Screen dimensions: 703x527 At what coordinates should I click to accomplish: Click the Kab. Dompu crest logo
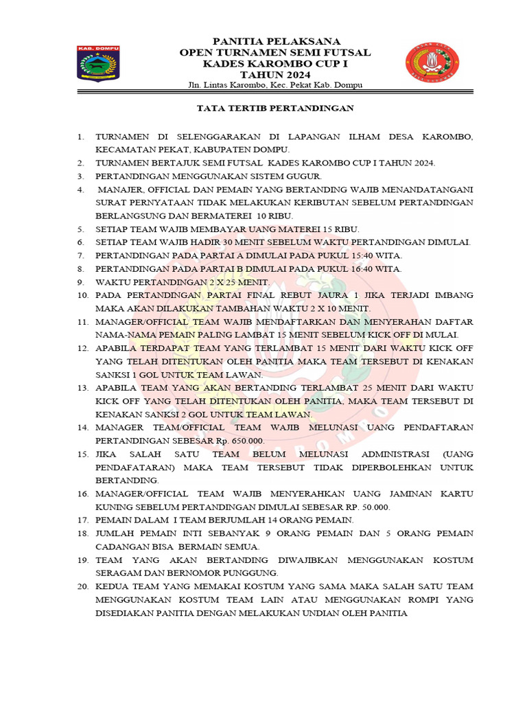[97, 67]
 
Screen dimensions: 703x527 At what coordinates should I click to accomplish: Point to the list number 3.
[81, 176]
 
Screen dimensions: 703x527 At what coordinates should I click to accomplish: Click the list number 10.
[83, 295]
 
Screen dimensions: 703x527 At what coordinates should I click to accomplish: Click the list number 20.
[83, 587]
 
